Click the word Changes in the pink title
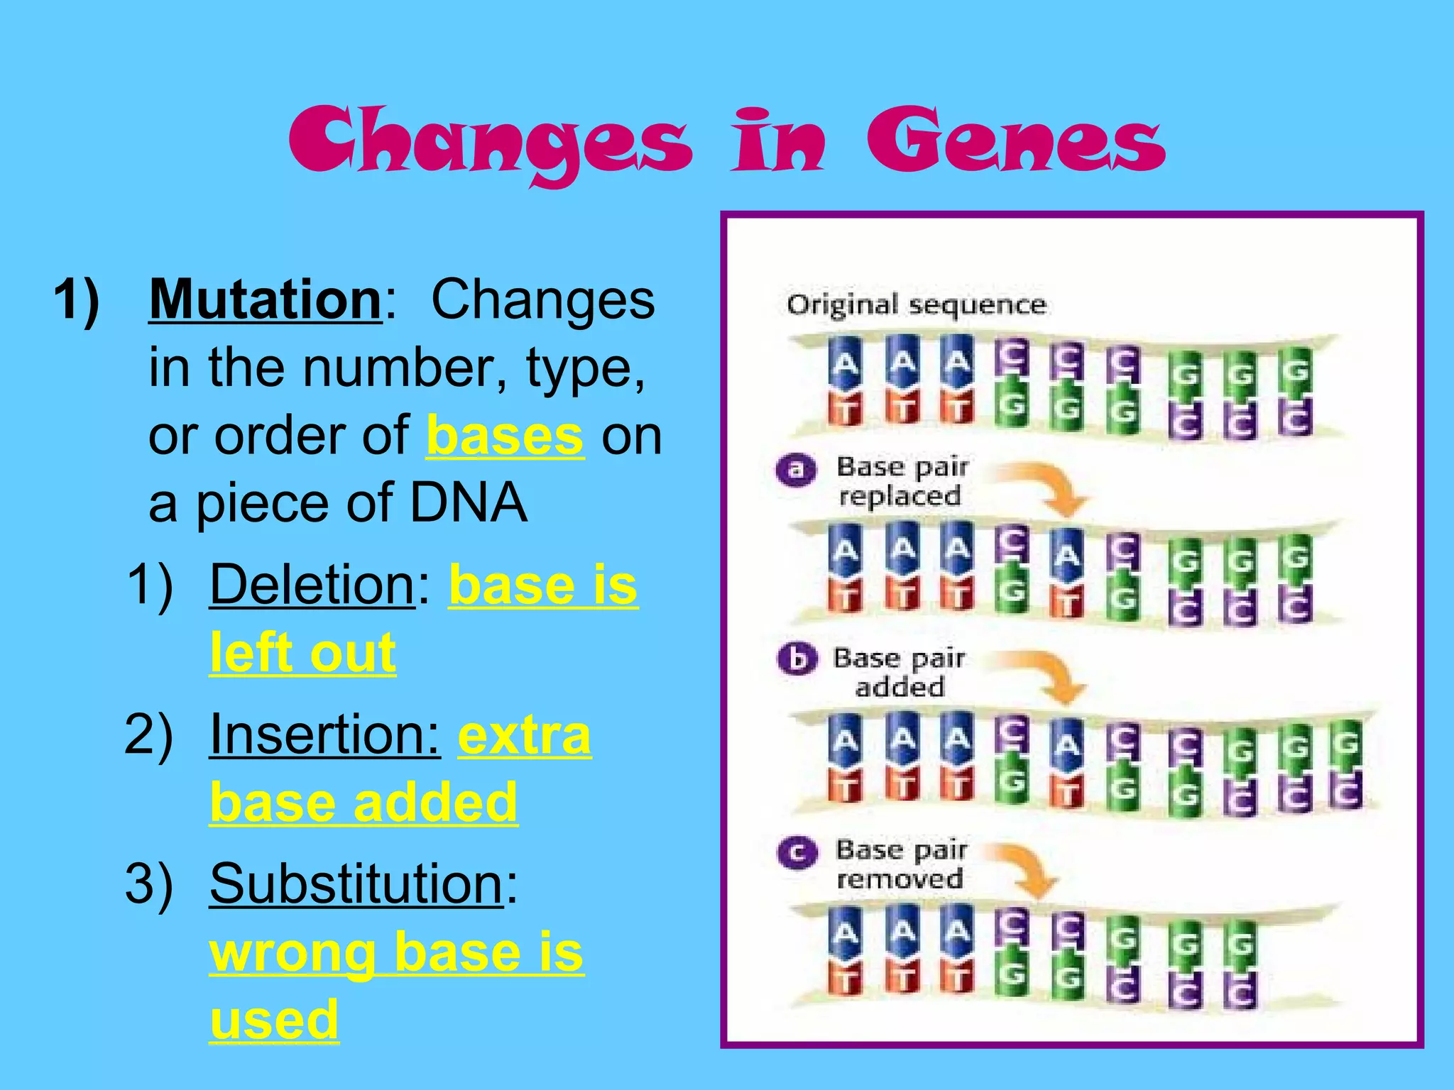[x=490, y=142]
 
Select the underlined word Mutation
[x=266, y=299]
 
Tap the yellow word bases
[x=505, y=436]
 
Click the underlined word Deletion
[x=312, y=585]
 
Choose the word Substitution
[x=356, y=883]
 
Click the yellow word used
[x=274, y=1019]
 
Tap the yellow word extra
[x=524, y=734]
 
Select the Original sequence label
[x=916, y=305]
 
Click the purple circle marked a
[x=797, y=470]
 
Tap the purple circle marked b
[x=797, y=659]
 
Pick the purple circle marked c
[x=797, y=852]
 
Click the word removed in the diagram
[x=900, y=880]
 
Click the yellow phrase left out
[x=302, y=653]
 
